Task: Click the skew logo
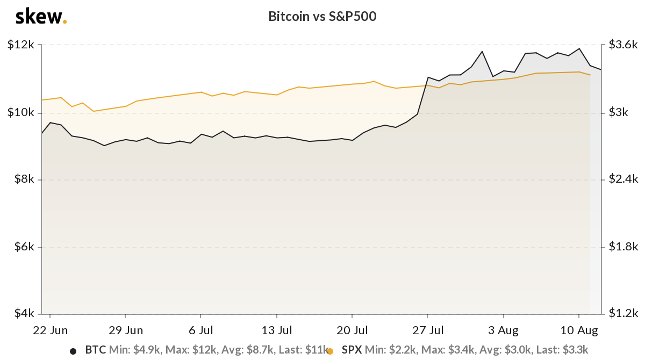tap(41, 17)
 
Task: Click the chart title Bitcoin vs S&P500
tap(322, 17)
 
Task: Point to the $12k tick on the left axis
tap(21, 45)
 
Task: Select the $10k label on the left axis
tap(21, 112)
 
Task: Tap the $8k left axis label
tap(24, 179)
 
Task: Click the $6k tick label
tap(24, 246)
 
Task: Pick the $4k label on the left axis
tap(24, 313)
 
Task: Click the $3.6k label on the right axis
tap(623, 45)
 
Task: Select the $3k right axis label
tap(618, 112)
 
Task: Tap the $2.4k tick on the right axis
tap(623, 179)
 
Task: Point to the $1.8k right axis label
tap(623, 246)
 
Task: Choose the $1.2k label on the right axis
tap(623, 313)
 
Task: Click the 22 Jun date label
tap(50, 330)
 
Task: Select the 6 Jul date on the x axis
tap(200, 330)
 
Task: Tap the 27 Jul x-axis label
tap(428, 330)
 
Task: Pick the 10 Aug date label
tap(579, 330)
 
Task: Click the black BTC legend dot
tap(73, 351)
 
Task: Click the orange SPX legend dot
tap(330, 351)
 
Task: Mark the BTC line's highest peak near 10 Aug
tap(579, 49)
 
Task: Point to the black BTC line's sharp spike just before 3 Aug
tap(482, 52)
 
